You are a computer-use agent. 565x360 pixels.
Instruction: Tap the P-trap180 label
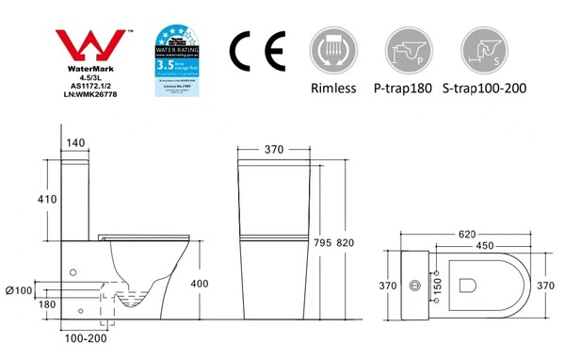(407, 89)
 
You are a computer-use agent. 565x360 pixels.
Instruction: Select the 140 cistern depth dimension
(74, 142)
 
